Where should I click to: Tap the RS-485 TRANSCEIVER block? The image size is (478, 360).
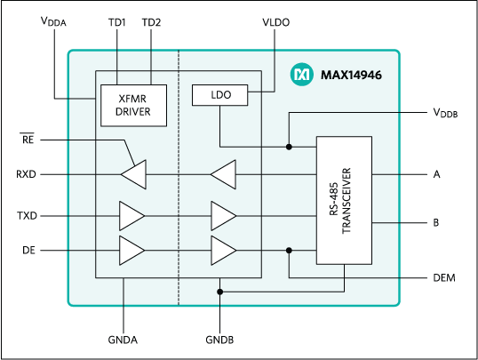(x=345, y=200)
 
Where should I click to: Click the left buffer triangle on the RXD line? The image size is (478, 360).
(x=133, y=175)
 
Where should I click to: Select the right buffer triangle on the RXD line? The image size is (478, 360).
(x=223, y=175)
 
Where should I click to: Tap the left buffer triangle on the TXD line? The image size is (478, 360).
(x=131, y=215)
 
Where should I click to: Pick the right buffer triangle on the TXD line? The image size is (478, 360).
(x=223, y=215)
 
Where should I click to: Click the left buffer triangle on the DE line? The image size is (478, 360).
(x=131, y=250)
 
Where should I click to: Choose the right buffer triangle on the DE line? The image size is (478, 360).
(x=223, y=250)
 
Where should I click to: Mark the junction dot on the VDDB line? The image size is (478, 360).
(x=289, y=146)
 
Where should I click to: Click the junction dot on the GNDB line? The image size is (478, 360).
(x=220, y=291)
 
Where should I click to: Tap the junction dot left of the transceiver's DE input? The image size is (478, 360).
(x=289, y=250)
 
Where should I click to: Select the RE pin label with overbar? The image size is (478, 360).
(x=30, y=139)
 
